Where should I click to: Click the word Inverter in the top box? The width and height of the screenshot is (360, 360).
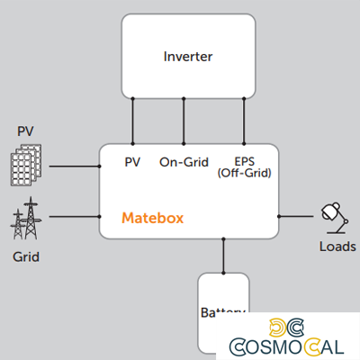(x=187, y=56)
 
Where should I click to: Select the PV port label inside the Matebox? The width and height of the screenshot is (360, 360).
(x=132, y=163)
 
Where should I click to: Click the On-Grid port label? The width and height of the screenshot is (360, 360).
(x=184, y=163)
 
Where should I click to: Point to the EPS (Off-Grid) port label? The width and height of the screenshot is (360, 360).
(x=245, y=167)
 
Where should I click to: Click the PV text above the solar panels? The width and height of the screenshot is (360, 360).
(x=26, y=132)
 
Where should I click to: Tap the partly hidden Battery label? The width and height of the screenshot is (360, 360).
(x=222, y=312)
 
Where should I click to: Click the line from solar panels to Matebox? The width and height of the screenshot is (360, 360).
(x=74, y=166)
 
